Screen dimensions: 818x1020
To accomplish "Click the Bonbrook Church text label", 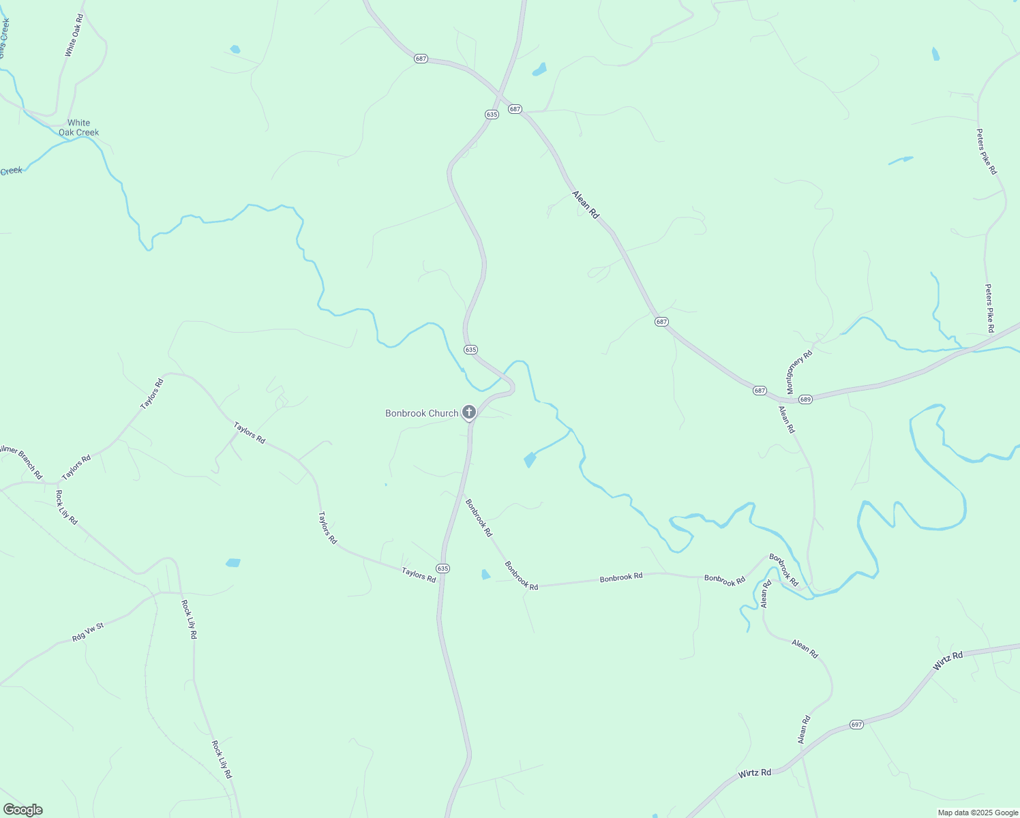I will (421, 413).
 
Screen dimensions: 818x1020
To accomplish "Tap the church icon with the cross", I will (468, 412).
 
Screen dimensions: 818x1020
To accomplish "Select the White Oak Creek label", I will (78, 128).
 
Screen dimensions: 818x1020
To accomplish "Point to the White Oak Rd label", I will (74, 35).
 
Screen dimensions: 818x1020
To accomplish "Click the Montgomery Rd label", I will (800, 372).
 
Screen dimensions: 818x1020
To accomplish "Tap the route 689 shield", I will (805, 399).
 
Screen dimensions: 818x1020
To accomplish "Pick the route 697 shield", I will (857, 725).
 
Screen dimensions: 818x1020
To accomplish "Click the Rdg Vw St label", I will (87, 633).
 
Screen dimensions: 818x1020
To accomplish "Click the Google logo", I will (22, 810).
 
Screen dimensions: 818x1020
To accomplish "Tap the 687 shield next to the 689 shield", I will (760, 391).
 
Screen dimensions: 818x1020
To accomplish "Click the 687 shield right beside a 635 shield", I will (515, 109).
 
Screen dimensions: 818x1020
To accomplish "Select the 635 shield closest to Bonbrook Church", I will (470, 350).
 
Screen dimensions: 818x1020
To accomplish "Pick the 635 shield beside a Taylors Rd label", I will (443, 569).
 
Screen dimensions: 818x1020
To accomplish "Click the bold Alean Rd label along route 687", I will (586, 204).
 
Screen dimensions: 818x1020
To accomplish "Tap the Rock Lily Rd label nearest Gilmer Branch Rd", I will (67, 507).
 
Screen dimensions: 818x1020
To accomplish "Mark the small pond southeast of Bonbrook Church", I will (529, 460).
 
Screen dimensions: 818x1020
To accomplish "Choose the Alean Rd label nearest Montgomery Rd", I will (787, 420).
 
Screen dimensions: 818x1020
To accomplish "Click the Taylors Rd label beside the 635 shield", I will (419, 575).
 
